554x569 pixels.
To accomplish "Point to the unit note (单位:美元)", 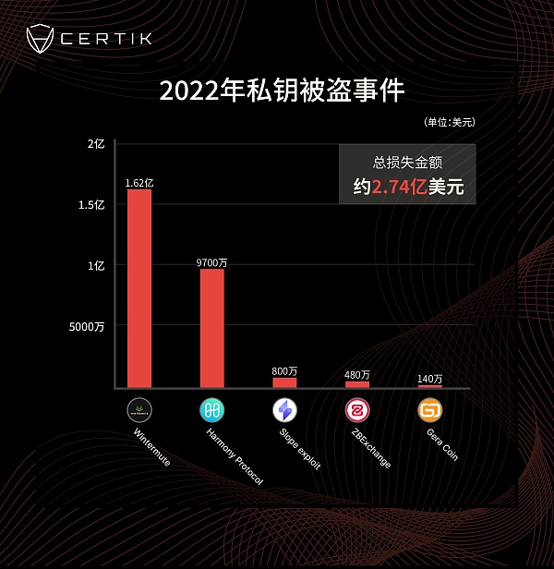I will pyautogui.click(x=450, y=122).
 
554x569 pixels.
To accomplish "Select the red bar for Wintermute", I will pyautogui.click(x=139, y=287).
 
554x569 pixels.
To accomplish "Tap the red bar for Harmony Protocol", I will pyautogui.click(x=212, y=327).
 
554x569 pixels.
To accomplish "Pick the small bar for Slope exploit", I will pyautogui.click(x=284, y=381).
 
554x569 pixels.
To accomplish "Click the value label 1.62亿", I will pyautogui.click(x=139, y=183).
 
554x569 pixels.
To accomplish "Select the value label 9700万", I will pyautogui.click(x=212, y=262).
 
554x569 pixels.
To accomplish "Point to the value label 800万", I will pyautogui.click(x=284, y=371).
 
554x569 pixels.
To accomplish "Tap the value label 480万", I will pyautogui.click(x=356, y=375).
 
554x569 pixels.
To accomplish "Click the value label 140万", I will pyautogui.click(x=429, y=379).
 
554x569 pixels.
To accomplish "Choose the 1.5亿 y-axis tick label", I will pyautogui.click(x=91, y=205).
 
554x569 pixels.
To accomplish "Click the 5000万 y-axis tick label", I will pyautogui.click(x=88, y=326).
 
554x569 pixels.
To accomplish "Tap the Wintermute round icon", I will pyautogui.click(x=139, y=409).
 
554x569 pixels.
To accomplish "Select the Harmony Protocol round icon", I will pyautogui.click(x=212, y=409).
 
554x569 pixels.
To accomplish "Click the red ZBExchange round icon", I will pyautogui.click(x=356, y=409).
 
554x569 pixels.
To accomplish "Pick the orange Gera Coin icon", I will pyautogui.click(x=429, y=409).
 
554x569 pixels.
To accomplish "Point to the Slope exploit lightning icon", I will pyautogui.click(x=284, y=409).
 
